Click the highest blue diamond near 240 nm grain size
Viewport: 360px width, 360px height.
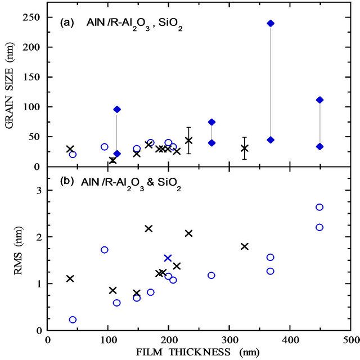click(271, 23)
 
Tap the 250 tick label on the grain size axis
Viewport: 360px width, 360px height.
click(33, 17)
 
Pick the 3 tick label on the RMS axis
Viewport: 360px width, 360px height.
click(38, 191)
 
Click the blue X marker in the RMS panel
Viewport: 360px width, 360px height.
click(168, 258)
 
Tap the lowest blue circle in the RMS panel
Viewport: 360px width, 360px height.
click(73, 319)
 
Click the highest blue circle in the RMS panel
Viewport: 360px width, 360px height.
click(319, 207)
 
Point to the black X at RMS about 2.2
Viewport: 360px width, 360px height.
click(149, 228)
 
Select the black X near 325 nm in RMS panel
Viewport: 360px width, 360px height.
click(245, 246)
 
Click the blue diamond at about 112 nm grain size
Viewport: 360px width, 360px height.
click(319, 100)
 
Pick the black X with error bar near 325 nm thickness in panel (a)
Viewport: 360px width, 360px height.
click(245, 148)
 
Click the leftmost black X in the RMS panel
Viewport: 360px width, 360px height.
click(70, 278)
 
